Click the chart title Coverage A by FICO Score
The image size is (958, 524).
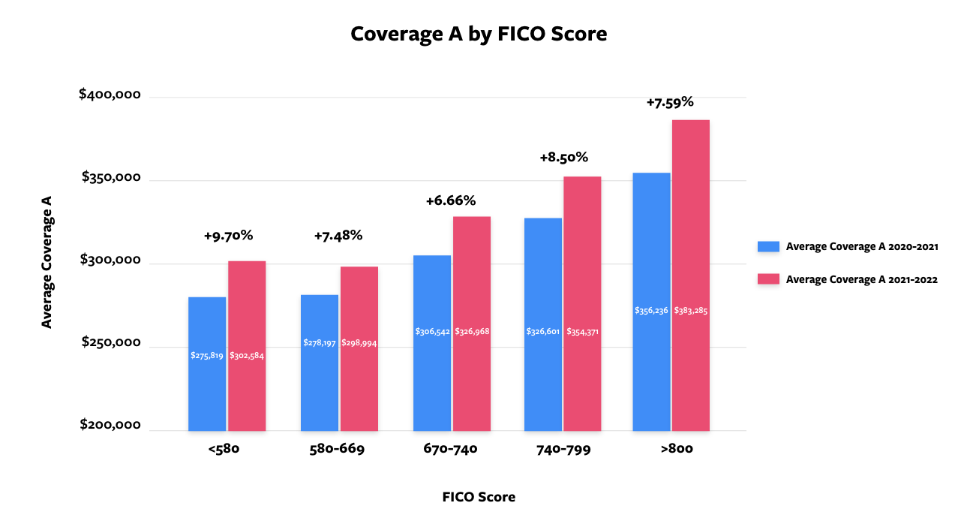pyautogui.click(x=479, y=34)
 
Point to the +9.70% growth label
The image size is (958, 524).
pyautogui.click(x=228, y=236)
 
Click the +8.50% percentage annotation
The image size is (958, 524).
pyautogui.click(x=563, y=158)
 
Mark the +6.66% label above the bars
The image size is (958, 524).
pyautogui.click(x=451, y=201)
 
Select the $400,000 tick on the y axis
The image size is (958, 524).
pyautogui.click(x=110, y=95)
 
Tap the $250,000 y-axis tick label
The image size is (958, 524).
pyautogui.click(x=110, y=342)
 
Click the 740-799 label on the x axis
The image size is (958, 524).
pyautogui.click(x=563, y=450)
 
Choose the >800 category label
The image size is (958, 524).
pyautogui.click(x=673, y=450)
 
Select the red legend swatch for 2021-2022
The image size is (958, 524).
pyautogui.click(x=769, y=279)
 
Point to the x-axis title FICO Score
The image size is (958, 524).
pyautogui.click(x=479, y=497)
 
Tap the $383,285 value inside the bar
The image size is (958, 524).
pyautogui.click(x=690, y=311)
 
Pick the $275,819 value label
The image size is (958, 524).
pyautogui.click(x=207, y=356)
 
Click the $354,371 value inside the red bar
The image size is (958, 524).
pyautogui.click(x=582, y=332)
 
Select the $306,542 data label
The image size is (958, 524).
pyautogui.click(x=432, y=332)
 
